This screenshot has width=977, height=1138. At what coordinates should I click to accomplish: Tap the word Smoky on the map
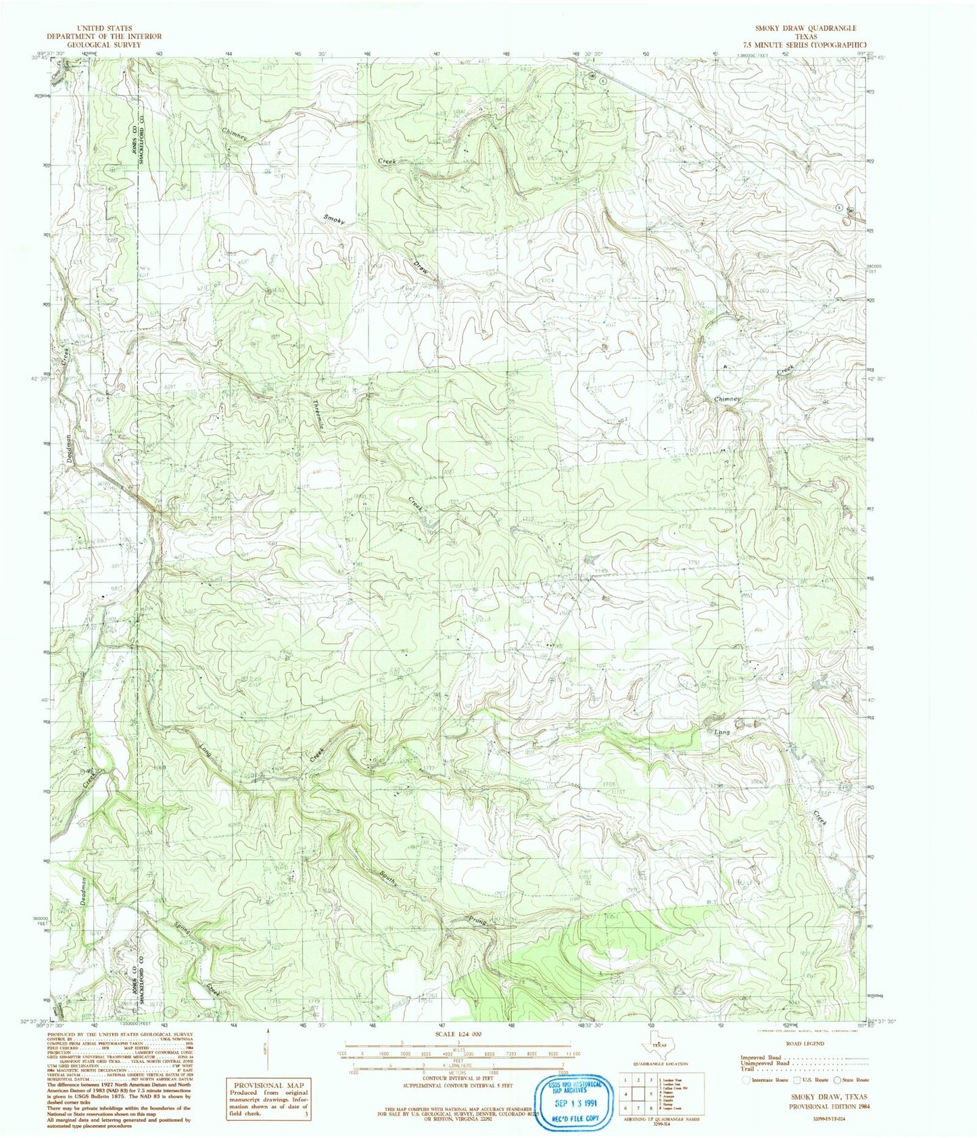click(x=335, y=222)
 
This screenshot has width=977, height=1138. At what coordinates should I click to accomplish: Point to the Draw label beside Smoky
click(x=420, y=268)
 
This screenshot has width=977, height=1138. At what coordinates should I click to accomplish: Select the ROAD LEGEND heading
click(x=805, y=1043)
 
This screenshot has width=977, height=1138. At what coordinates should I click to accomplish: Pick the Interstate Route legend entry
click(x=767, y=1080)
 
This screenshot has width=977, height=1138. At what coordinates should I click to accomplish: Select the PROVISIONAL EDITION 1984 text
click(x=827, y=1106)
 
